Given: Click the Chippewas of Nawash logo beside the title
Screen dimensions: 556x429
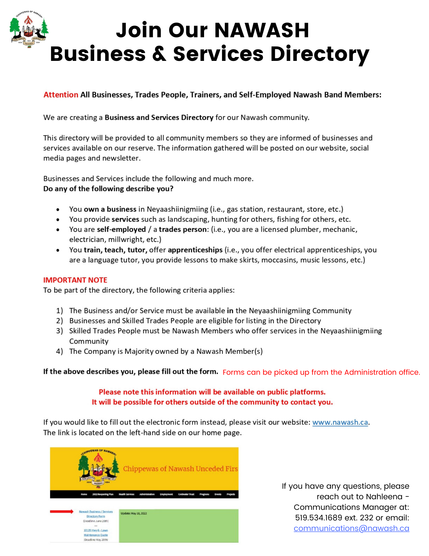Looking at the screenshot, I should pyautogui.click(x=29, y=29).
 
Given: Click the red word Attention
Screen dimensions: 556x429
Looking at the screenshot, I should pyautogui.click(x=61, y=95).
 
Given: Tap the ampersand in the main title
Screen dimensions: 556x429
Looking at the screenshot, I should pyautogui.click(x=159, y=54).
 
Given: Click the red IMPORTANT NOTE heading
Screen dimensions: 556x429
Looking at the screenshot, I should pyautogui.click(x=75, y=280).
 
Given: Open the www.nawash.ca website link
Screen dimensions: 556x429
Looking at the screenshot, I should pyautogui.click(x=340, y=422).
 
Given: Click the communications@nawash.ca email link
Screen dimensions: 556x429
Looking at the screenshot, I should pyautogui.click(x=351, y=528).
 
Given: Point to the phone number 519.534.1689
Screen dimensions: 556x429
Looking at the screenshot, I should pyautogui.click(x=318, y=518).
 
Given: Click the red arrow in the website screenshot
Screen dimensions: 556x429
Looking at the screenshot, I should pyautogui.click(x=62, y=512).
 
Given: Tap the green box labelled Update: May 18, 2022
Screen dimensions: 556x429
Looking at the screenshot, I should pyautogui.click(x=179, y=526).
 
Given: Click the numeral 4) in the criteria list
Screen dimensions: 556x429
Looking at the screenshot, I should pyautogui.click(x=59, y=351).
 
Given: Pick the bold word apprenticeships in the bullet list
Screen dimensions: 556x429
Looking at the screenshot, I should pyautogui.click(x=195, y=250).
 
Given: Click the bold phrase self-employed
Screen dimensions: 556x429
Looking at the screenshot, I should pyautogui.click(x=121, y=229).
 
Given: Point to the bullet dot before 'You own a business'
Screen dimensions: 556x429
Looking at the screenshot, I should pyautogui.click(x=58, y=209).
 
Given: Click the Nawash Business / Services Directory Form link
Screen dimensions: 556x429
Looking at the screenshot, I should pyautogui.click(x=96, y=514).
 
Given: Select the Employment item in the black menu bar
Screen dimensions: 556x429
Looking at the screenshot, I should pyautogui.click(x=166, y=494).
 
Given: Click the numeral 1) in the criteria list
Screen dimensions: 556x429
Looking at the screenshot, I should pyautogui.click(x=59, y=311).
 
